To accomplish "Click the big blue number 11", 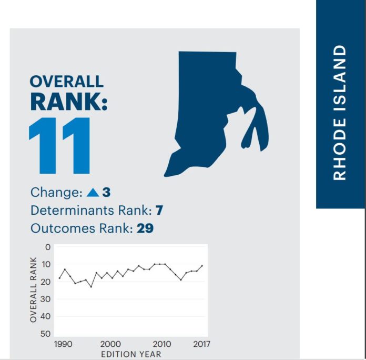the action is pyautogui.click(x=59, y=146).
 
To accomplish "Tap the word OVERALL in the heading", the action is pyautogui.click(x=67, y=81).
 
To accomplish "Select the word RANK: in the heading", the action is pyautogui.click(x=69, y=102).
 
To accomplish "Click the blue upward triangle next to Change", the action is pyautogui.click(x=93, y=193).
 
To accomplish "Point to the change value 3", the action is pyautogui.click(x=106, y=193).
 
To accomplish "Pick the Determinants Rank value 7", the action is pyautogui.click(x=159, y=210).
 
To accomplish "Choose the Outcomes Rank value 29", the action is pyautogui.click(x=145, y=228).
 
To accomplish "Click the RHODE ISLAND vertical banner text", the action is pyautogui.click(x=339, y=113).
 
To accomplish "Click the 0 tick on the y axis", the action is pyautogui.click(x=48, y=247).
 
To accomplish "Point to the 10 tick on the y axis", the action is pyautogui.click(x=46, y=264).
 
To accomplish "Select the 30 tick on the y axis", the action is pyautogui.click(x=46, y=299).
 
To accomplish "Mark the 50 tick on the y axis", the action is pyautogui.click(x=46, y=334).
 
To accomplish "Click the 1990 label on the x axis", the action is pyautogui.click(x=63, y=344).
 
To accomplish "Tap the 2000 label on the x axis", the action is pyautogui.click(x=110, y=344).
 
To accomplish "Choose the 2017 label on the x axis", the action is pyautogui.click(x=202, y=344).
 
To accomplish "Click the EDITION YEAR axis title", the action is pyautogui.click(x=131, y=354).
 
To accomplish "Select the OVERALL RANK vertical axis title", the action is pyautogui.click(x=33, y=289).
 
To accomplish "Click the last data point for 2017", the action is pyautogui.click(x=202, y=266).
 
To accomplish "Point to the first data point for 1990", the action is pyautogui.click(x=59, y=278).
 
